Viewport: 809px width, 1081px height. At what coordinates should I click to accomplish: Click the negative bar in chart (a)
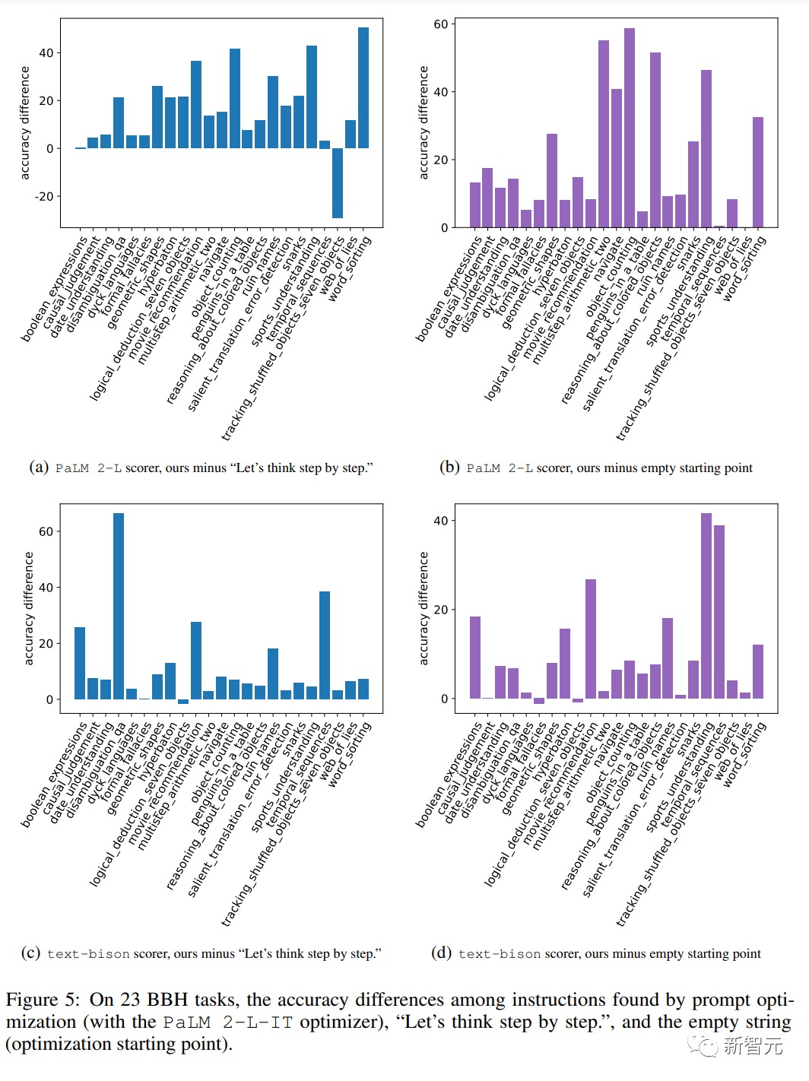(x=338, y=182)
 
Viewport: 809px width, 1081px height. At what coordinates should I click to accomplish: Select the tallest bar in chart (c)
(x=119, y=606)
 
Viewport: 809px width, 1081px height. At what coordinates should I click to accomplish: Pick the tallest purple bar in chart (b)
(x=630, y=128)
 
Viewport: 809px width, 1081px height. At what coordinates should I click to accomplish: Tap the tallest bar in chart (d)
(x=706, y=606)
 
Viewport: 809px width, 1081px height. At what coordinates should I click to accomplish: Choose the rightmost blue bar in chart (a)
(x=363, y=87)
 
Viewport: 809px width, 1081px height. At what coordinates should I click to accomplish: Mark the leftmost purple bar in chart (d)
(x=475, y=658)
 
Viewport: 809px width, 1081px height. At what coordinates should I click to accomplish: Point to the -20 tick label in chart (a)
(x=44, y=196)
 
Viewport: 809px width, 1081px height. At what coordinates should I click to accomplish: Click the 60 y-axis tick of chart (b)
(x=441, y=24)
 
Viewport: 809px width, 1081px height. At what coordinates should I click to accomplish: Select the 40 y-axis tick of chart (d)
(x=441, y=521)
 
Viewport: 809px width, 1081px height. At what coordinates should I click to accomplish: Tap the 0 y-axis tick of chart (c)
(x=50, y=699)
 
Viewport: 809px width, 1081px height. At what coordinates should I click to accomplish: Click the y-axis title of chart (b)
(x=424, y=122)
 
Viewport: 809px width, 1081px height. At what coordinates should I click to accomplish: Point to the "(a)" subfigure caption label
(x=39, y=467)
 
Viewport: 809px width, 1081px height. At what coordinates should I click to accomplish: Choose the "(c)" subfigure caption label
(x=31, y=953)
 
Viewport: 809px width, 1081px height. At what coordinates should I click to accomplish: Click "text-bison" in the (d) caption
(x=500, y=953)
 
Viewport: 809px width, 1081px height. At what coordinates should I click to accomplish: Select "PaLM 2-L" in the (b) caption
(x=500, y=468)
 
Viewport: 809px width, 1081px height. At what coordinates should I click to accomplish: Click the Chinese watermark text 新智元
(x=753, y=1046)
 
